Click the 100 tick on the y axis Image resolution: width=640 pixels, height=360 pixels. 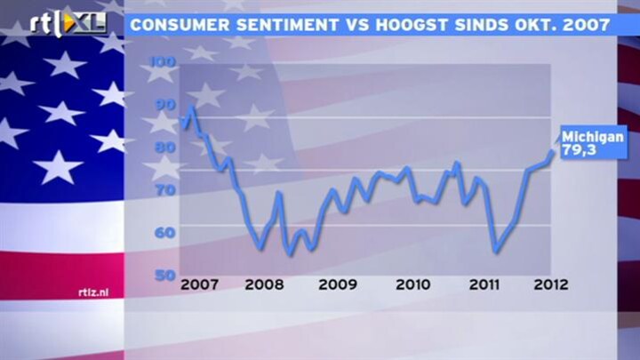click(x=164, y=62)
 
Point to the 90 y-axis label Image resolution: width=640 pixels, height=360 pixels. click(x=165, y=105)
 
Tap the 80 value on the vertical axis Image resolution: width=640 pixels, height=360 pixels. click(x=165, y=148)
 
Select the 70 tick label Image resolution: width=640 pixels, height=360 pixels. click(x=165, y=190)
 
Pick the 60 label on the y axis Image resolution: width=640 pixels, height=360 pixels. click(x=165, y=233)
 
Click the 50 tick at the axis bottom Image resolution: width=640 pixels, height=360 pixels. click(x=165, y=276)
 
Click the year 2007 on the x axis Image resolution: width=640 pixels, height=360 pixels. click(x=200, y=284)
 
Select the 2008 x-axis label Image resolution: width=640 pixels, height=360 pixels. click(x=264, y=284)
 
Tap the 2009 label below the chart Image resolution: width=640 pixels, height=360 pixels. click(x=338, y=284)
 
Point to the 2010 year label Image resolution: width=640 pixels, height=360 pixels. click(x=412, y=284)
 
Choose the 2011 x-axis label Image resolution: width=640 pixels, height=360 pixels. click(x=484, y=284)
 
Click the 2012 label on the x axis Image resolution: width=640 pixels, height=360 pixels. click(x=551, y=284)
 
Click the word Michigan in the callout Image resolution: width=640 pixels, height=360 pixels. click(x=593, y=137)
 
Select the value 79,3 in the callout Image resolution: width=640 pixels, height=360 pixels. click(x=580, y=150)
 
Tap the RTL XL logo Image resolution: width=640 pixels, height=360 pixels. click(x=68, y=24)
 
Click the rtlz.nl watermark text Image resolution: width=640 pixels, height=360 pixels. click(x=93, y=292)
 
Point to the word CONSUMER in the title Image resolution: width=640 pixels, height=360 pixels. click(x=180, y=25)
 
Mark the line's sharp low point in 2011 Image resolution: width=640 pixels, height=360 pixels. click(x=496, y=252)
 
